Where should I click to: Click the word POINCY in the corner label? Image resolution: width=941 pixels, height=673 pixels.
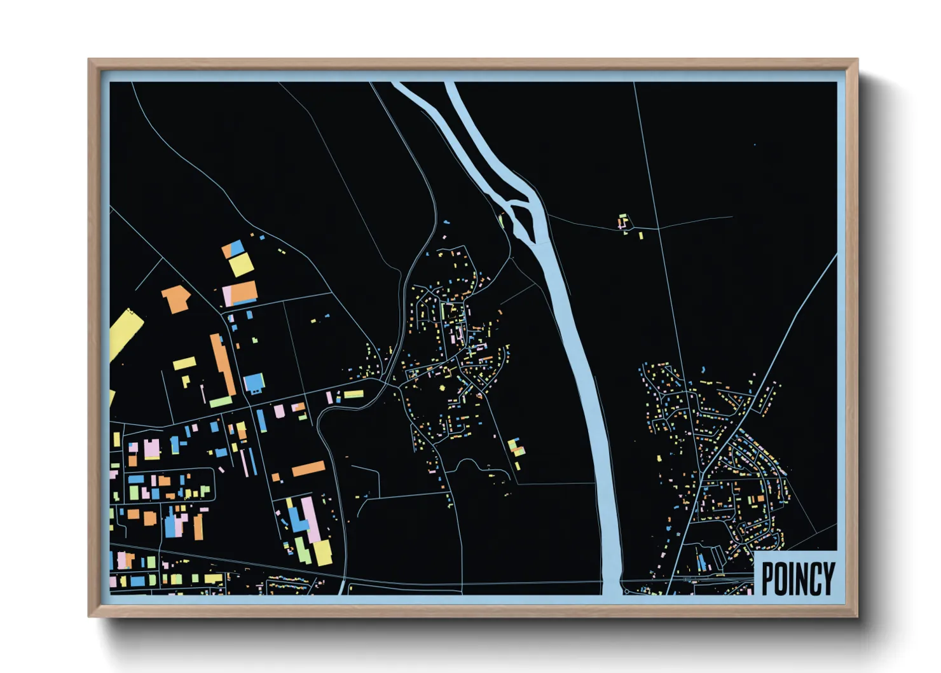pyautogui.click(x=798, y=578)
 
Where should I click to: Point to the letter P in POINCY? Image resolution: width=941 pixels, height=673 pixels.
pyautogui.click(x=768, y=579)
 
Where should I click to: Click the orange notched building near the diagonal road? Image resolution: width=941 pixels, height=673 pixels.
pyautogui.click(x=175, y=298)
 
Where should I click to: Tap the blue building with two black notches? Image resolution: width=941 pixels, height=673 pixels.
pyautogui.click(x=254, y=383)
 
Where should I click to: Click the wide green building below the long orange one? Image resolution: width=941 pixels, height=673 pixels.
pyautogui.click(x=220, y=402)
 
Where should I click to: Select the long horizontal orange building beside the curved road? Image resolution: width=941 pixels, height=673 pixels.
pyautogui.click(x=308, y=469)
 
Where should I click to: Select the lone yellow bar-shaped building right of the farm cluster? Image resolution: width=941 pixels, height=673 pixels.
pyautogui.click(x=641, y=235)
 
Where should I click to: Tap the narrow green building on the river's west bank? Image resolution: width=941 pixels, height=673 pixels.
pyautogui.click(x=501, y=221)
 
